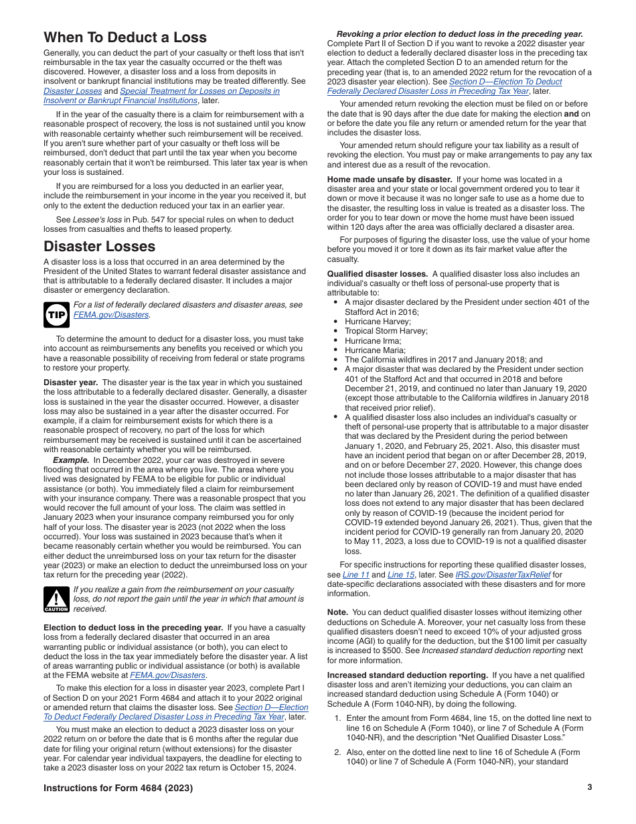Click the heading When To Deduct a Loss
coord(125,38)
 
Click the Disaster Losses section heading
coord(99,246)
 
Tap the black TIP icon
coord(56,315)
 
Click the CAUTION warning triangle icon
coord(56,600)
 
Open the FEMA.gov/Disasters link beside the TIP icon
coord(111,315)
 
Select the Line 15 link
coord(400,575)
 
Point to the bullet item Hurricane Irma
coord(373,341)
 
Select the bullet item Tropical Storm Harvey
coord(386,331)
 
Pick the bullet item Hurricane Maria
coord(375,350)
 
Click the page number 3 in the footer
coord(589,788)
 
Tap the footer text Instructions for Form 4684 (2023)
coord(118,788)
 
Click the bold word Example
coord(71,460)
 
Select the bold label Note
coord(337,612)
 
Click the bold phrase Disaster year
coord(71,383)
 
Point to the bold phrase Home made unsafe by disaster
coord(389,180)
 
